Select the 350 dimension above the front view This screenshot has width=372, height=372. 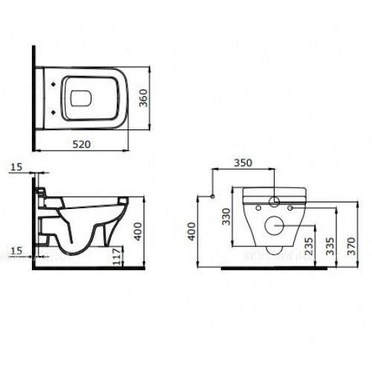[243, 163]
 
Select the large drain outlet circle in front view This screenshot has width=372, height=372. [275, 225]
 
